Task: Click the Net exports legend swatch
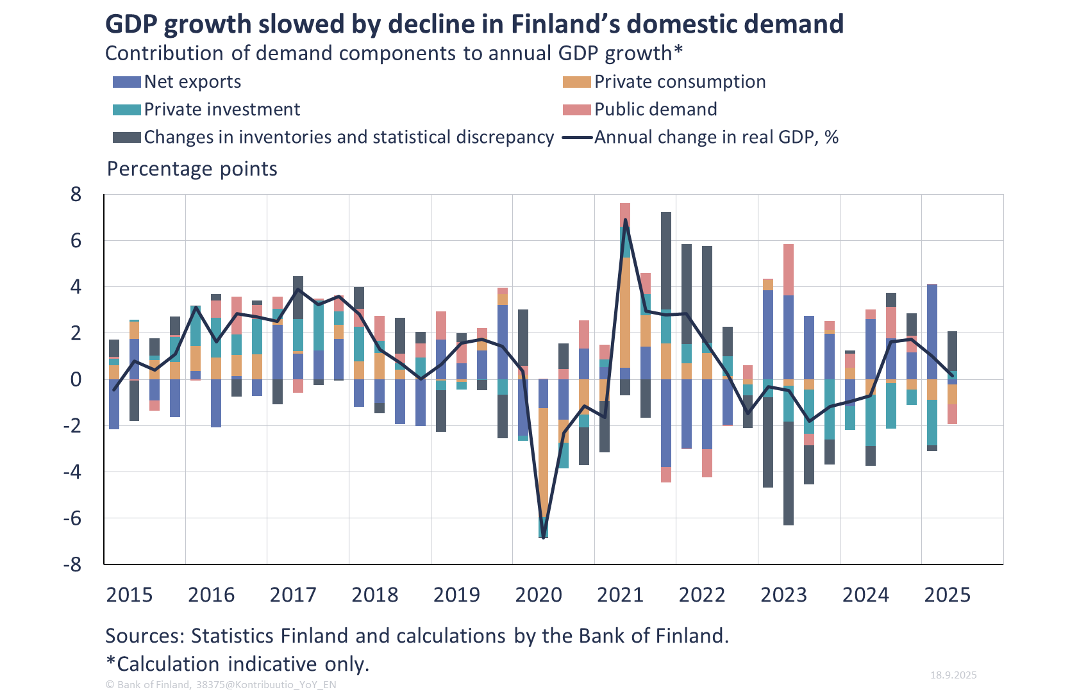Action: tap(126, 82)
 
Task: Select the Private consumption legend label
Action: tap(680, 82)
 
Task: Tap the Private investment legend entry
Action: tap(221, 110)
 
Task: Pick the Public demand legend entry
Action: tap(655, 110)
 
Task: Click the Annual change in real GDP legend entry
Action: tap(715, 137)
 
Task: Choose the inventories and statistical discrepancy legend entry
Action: tap(348, 137)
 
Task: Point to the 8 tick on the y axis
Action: tap(76, 194)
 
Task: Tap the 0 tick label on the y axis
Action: tap(76, 379)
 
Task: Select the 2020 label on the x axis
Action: tap(539, 595)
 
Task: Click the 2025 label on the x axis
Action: tap(947, 595)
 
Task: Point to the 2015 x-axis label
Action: tap(130, 595)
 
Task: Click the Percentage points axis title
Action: tap(192, 169)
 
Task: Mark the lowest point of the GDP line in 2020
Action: tap(544, 537)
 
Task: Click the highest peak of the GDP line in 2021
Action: tap(625, 220)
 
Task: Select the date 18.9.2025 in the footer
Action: tap(953, 675)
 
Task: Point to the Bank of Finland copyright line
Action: tap(221, 684)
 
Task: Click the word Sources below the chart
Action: tap(145, 636)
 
